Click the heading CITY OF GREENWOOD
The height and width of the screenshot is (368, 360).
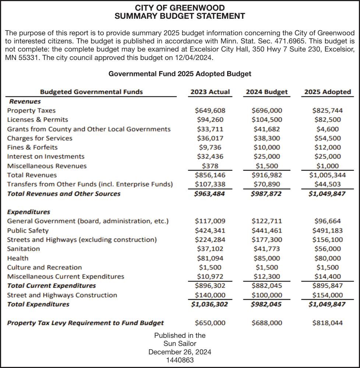point(180,8)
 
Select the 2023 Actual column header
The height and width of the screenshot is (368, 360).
point(210,92)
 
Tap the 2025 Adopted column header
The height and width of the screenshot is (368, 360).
point(327,92)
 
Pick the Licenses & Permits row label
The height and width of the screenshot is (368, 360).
point(38,120)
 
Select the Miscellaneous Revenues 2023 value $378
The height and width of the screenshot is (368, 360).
point(210,166)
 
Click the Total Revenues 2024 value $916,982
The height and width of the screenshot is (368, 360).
point(267,175)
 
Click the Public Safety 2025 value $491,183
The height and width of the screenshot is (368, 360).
point(327,231)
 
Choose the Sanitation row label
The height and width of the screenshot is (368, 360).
point(23,249)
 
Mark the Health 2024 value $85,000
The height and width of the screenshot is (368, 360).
point(267,258)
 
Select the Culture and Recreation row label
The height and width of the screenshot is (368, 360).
point(45,268)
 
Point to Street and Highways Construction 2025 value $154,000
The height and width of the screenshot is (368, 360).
point(327,295)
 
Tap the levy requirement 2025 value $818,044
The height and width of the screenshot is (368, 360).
point(327,323)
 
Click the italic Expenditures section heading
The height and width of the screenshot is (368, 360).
point(28,212)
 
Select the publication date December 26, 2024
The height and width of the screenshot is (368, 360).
point(180,352)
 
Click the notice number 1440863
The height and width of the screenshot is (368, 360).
point(180,360)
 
